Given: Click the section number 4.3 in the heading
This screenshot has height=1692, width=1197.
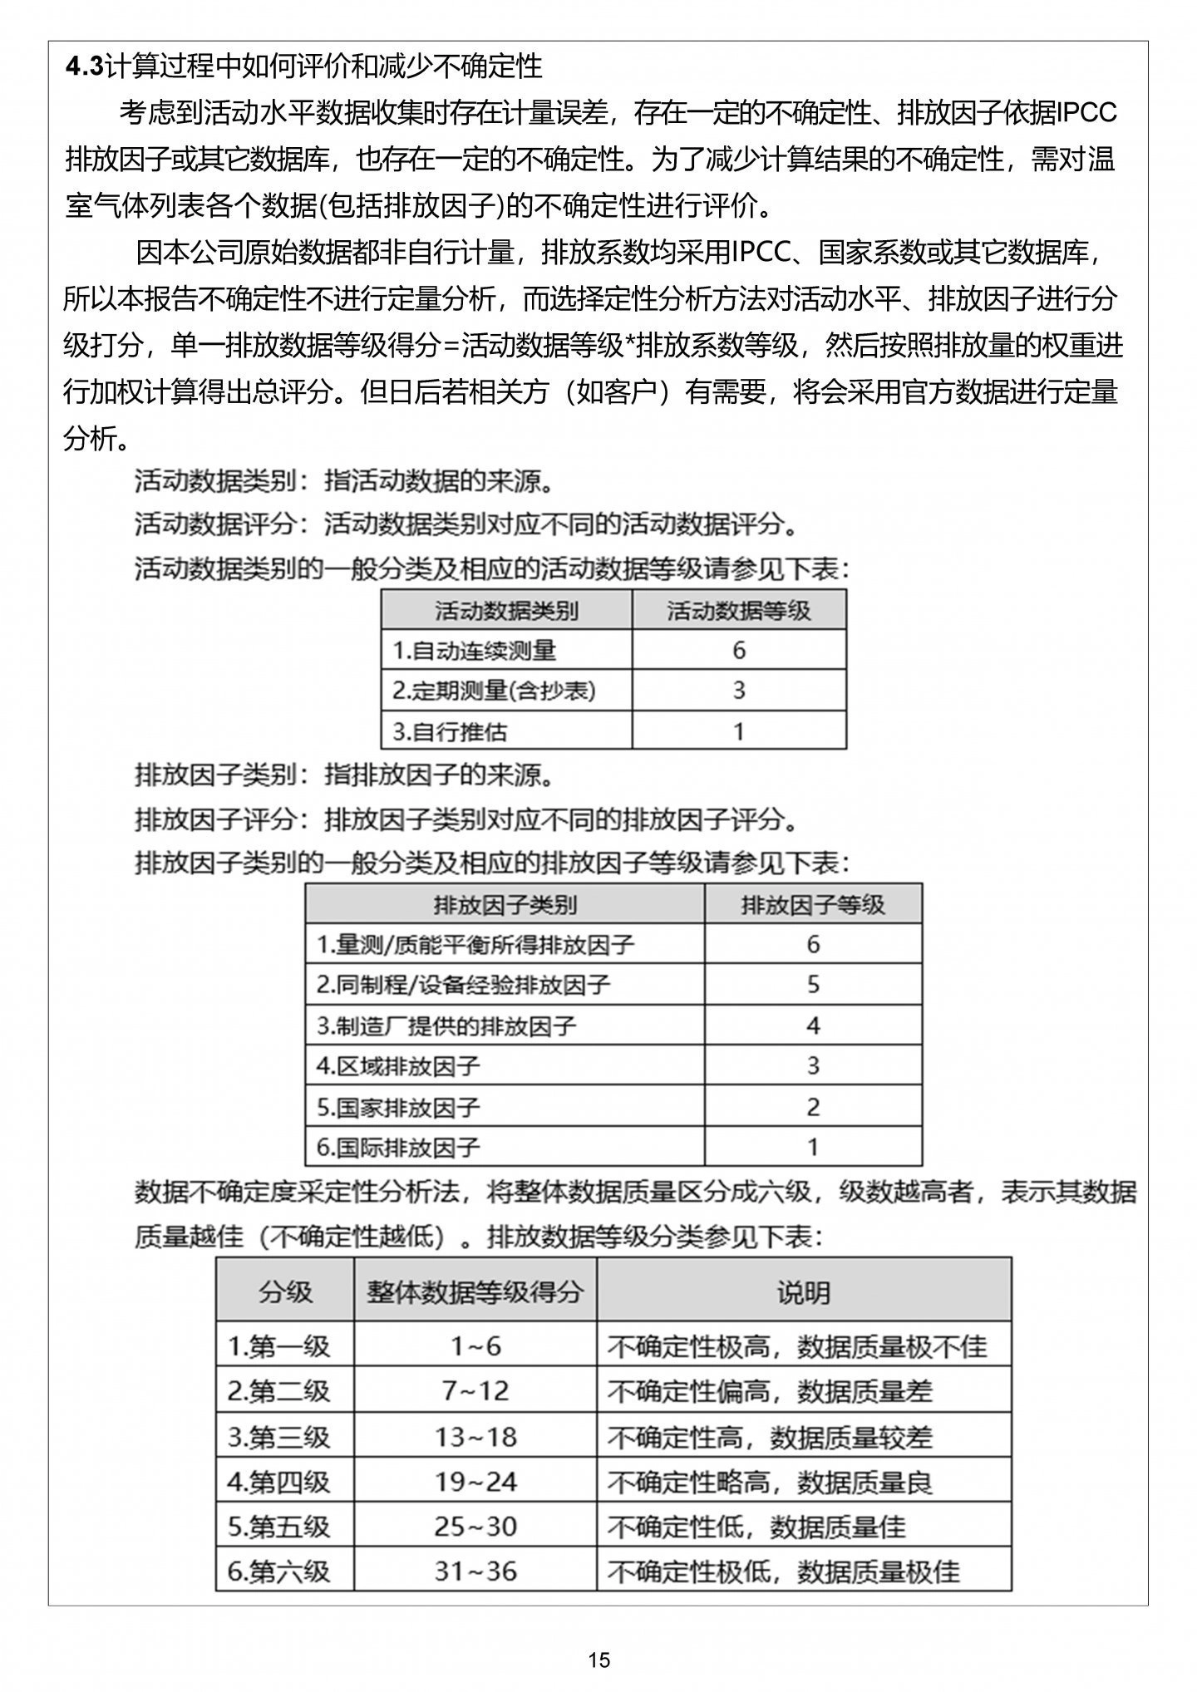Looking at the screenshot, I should (85, 66).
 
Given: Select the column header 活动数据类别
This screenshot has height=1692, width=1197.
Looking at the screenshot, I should (506, 611).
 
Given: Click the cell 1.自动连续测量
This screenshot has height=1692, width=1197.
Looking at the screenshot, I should (475, 651).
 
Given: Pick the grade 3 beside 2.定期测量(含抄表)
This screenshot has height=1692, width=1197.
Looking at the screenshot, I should (739, 691).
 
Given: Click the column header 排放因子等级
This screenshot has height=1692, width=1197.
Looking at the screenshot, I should (813, 905).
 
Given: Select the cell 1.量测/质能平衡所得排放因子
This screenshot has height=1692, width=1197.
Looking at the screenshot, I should (475, 945).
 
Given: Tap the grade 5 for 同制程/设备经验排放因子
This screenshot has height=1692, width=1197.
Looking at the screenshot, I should (813, 985).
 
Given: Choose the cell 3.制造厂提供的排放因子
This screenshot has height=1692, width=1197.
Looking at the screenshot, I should (446, 1026).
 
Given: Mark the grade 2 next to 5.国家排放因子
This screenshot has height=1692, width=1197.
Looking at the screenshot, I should (813, 1107).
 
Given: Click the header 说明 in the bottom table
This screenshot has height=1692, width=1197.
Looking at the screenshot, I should (803, 1292).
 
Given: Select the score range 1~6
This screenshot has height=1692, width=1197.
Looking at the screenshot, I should (475, 1346).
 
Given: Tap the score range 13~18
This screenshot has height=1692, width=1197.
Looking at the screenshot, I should (475, 1437).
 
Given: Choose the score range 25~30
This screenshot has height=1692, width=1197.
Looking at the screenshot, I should (475, 1527).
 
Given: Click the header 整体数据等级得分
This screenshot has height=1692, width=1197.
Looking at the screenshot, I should (475, 1292).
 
